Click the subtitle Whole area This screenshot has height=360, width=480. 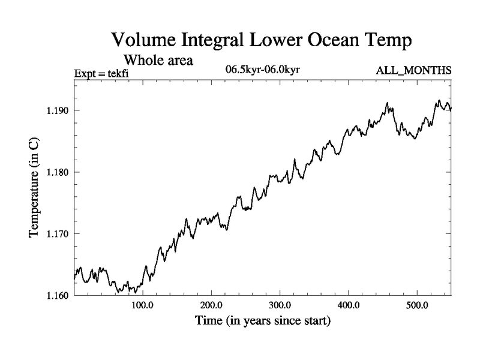pos(158,61)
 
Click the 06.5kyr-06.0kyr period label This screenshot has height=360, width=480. pos(262,70)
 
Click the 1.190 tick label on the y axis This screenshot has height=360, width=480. pos(56,111)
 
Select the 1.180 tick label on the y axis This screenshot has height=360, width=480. pos(56,172)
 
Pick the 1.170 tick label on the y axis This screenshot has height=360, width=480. pos(56,234)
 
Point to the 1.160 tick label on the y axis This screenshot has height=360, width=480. pos(56,295)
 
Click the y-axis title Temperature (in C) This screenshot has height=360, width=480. pos(35,187)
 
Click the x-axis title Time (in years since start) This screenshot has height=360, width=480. pos(263,322)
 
